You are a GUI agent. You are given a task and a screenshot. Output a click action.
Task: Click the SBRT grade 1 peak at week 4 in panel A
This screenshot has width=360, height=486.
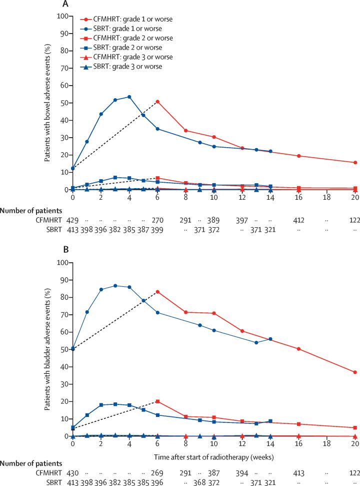(x=129, y=97)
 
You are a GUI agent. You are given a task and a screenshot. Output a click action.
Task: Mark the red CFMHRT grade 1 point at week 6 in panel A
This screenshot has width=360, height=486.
(x=158, y=102)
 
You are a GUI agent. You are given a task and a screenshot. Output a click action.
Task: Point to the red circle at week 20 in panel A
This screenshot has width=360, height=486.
(x=355, y=163)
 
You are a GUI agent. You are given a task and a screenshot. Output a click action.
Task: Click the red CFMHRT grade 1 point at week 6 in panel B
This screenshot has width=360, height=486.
(x=158, y=292)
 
